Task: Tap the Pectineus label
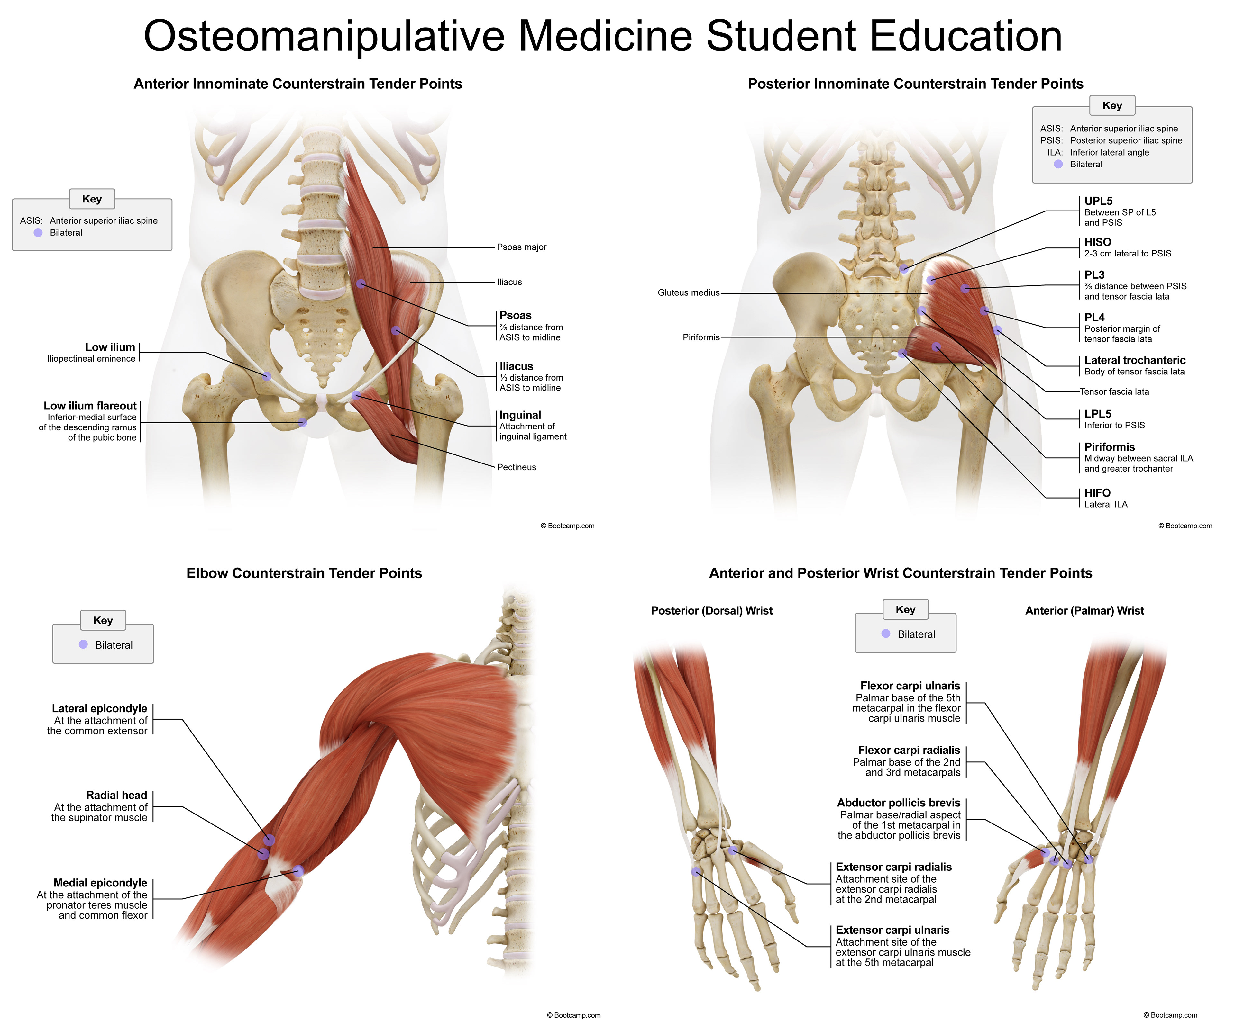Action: click(x=516, y=467)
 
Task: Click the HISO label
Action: click(x=1097, y=242)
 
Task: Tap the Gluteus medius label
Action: click(x=688, y=293)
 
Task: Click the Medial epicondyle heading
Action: click(x=100, y=883)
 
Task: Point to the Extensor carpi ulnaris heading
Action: click(x=892, y=930)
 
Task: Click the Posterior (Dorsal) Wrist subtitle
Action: click(x=712, y=611)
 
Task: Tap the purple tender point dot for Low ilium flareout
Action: click(x=302, y=422)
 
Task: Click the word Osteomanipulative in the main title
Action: click(x=324, y=36)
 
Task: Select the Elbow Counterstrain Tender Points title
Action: click(x=304, y=573)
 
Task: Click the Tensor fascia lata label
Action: click(x=1114, y=391)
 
